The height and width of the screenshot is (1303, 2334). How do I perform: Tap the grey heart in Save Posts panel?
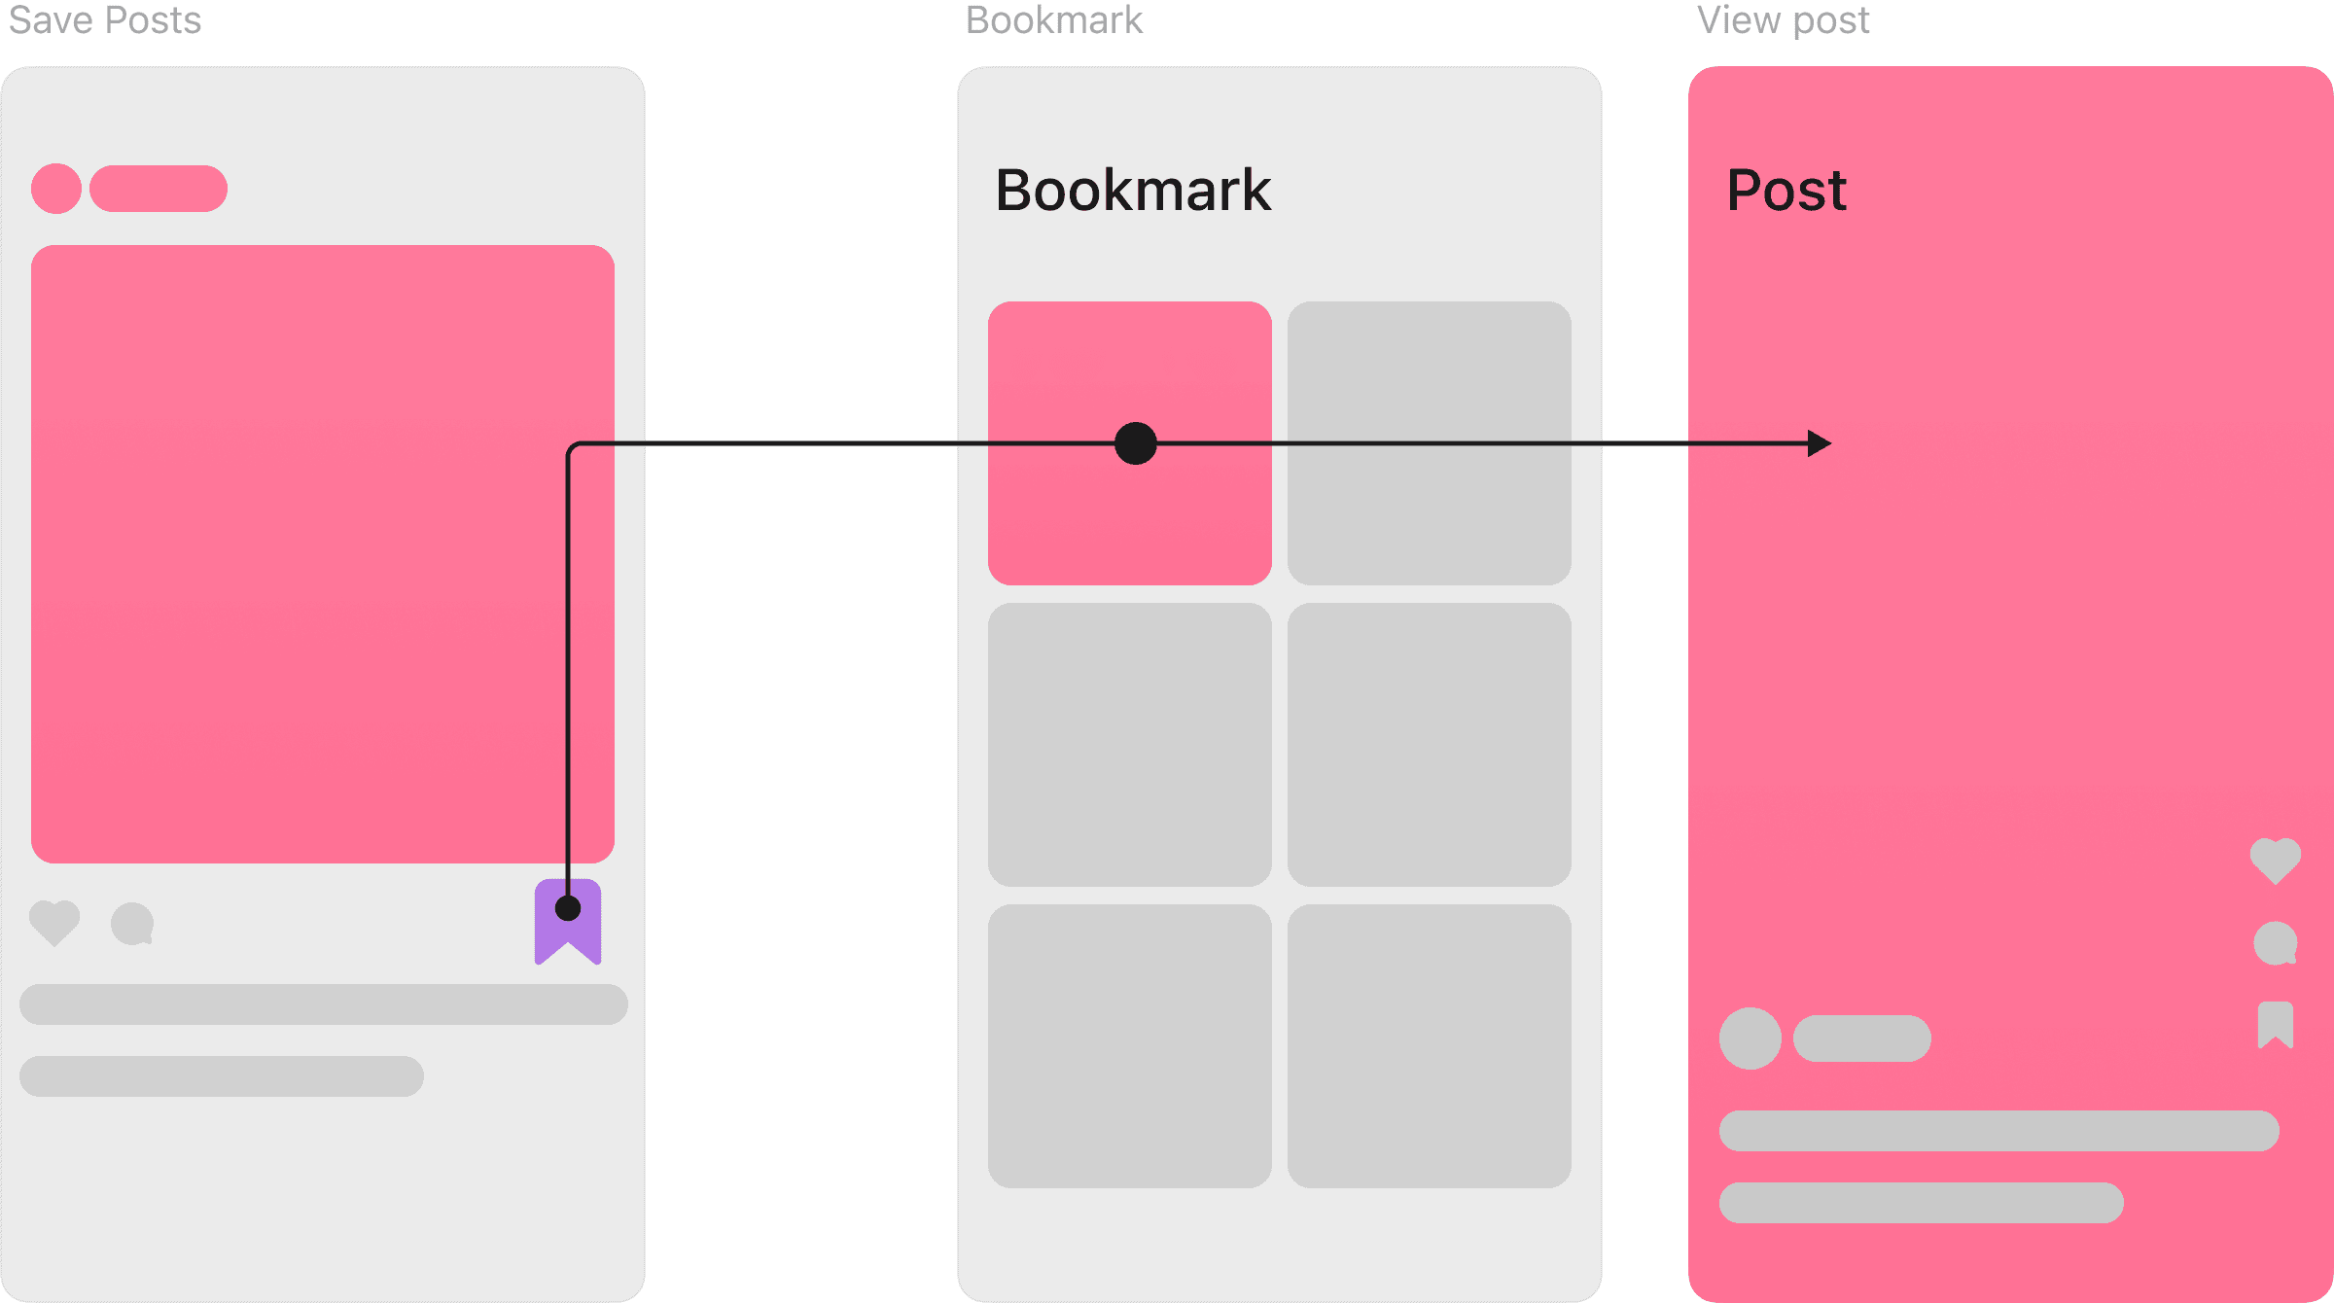point(54,922)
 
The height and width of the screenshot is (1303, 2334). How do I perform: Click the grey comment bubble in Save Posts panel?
point(132,923)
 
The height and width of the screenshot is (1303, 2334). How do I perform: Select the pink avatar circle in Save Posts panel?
point(56,189)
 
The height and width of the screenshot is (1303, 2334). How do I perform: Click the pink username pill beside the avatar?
point(159,189)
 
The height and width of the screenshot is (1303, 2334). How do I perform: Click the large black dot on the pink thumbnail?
point(1136,443)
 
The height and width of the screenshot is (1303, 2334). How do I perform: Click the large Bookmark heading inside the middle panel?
point(1133,190)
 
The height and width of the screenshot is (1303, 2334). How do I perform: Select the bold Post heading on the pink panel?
point(1786,190)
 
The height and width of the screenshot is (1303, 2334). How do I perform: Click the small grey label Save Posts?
point(105,19)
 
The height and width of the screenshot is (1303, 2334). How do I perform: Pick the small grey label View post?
point(1783,19)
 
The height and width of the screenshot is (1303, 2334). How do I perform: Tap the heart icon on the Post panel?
point(2276,860)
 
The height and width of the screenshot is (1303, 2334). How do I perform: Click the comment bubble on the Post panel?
point(2276,943)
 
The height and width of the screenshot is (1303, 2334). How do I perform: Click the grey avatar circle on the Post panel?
point(1750,1039)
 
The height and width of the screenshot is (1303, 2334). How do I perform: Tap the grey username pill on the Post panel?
point(1862,1039)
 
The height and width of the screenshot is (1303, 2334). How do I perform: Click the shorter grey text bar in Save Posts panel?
point(222,1076)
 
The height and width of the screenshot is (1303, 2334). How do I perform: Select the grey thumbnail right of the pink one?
point(1430,443)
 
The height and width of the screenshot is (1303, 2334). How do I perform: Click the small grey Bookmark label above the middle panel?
point(1054,19)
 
